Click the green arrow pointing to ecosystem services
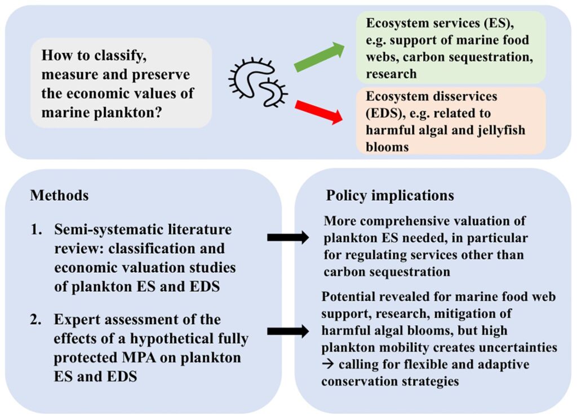click(319, 57)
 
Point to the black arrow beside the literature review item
click(287, 238)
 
